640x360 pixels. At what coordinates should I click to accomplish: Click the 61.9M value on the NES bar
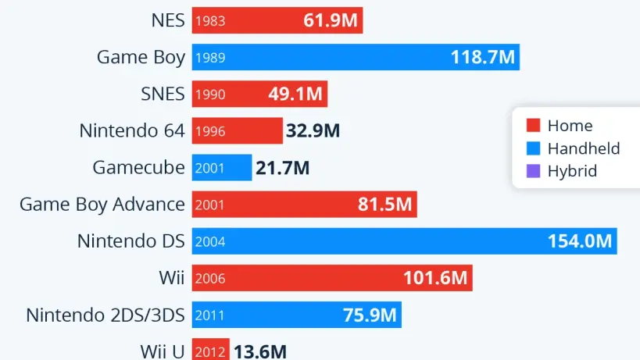click(x=330, y=21)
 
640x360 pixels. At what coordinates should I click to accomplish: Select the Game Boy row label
click(x=141, y=57)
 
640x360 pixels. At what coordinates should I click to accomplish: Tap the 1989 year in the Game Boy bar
click(x=209, y=58)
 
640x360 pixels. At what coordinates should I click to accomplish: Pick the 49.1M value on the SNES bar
click(x=295, y=94)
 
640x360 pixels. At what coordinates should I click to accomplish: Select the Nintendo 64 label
click(x=132, y=130)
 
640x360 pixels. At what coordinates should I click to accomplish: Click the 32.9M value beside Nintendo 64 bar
click(x=313, y=131)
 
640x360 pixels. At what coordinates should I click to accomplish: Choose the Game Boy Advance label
click(x=102, y=205)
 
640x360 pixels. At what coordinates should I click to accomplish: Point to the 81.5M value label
click(x=384, y=205)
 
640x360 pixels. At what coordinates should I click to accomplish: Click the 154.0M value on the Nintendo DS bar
click(x=579, y=241)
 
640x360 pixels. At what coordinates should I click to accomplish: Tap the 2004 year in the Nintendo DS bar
click(x=209, y=241)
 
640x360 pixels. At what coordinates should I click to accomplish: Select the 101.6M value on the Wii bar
click(x=434, y=278)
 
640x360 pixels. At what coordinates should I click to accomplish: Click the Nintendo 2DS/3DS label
click(x=105, y=315)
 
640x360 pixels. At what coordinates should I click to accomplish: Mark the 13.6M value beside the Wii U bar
click(x=260, y=351)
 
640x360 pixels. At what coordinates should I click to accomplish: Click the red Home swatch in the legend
click(x=534, y=126)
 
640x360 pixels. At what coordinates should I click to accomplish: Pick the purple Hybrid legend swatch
click(x=534, y=171)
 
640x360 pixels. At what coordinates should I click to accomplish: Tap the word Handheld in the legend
click(x=583, y=148)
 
